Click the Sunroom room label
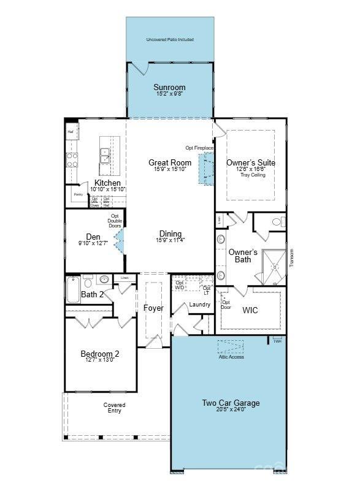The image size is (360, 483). point(169,88)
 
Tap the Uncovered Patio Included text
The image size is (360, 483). point(170,40)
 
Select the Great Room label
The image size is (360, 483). point(169,162)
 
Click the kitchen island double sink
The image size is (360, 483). point(105,156)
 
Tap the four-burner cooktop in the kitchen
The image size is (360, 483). point(72,160)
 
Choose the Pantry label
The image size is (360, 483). point(78,194)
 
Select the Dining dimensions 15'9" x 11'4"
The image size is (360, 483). point(170,240)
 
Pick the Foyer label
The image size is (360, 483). point(153,308)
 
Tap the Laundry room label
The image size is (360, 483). point(200,304)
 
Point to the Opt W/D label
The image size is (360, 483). point(180,284)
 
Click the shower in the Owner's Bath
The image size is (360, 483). point(270,267)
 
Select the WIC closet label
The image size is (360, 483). point(250,310)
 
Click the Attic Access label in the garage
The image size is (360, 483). point(231,357)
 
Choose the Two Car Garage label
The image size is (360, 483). point(231,403)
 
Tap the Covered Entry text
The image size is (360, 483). point(114,408)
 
